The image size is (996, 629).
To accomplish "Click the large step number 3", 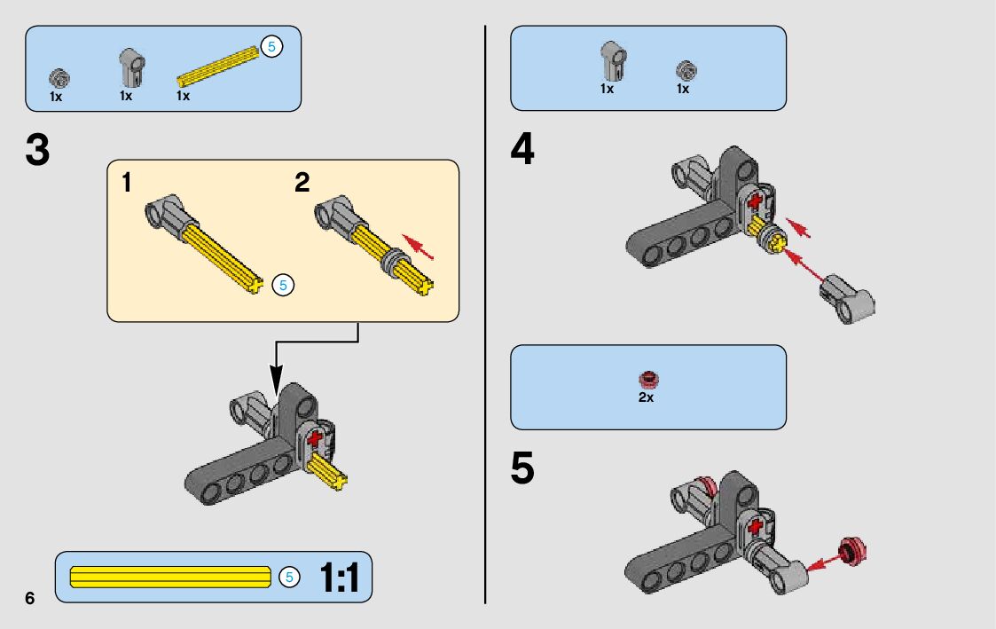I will pos(37,151).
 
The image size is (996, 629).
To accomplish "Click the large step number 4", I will pos(522,149).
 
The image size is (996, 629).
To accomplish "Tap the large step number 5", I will pos(522,469).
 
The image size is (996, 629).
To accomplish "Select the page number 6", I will pos(30,597).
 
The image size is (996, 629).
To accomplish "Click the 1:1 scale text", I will pos(340,578).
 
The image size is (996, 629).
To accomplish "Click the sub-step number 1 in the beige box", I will pos(127,184).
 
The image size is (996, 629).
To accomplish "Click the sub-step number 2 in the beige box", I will pos(302,184).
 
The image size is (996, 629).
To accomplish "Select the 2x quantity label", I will pos(646,397).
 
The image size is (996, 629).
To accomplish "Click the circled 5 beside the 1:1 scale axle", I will pos(288,577).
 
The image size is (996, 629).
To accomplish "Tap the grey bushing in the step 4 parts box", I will pos(685,70).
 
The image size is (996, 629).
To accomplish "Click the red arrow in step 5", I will pos(824,561).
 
